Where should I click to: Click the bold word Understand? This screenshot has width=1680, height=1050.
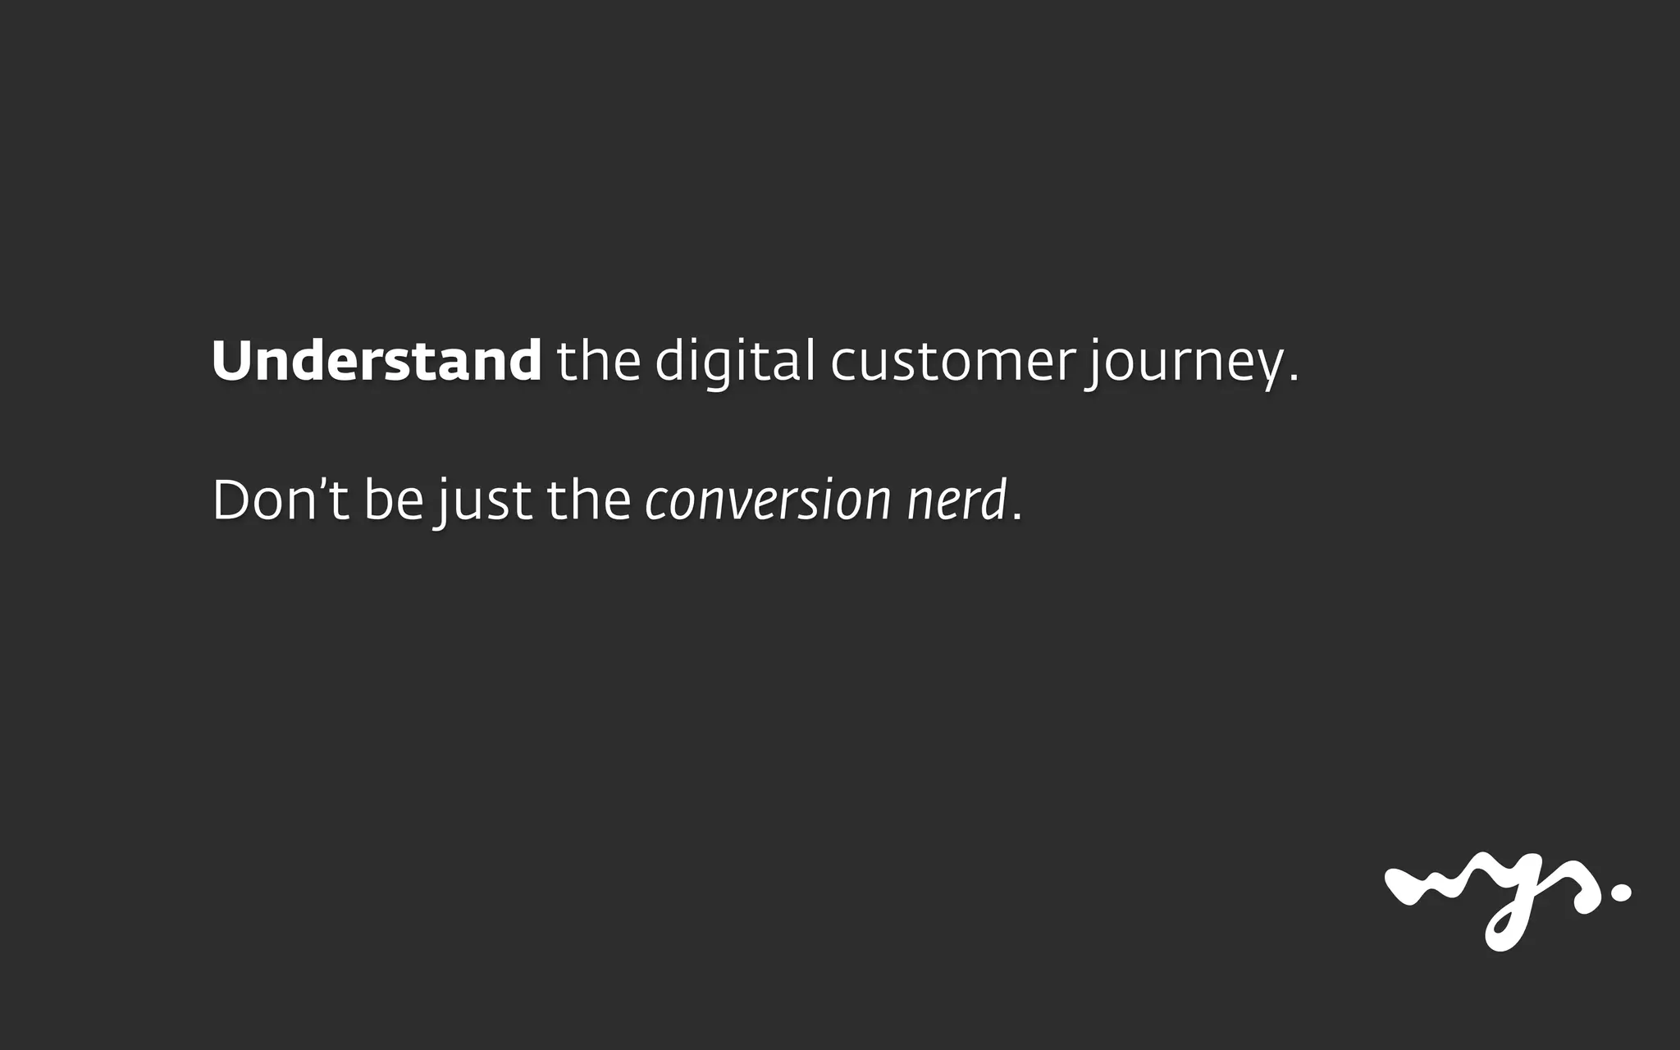(377, 361)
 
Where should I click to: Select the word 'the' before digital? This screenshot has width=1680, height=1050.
(598, 361)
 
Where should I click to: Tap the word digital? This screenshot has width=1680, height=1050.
(735, 361)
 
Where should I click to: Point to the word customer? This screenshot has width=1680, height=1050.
(952, 363)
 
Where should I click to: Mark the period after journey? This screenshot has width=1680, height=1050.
(1294, 379)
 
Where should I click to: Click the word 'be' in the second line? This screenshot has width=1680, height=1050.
(394, 500)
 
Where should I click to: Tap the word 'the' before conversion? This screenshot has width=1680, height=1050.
(588, 500)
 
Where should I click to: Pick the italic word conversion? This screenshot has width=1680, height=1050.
(768, 501)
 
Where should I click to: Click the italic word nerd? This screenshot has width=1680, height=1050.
(956, 500)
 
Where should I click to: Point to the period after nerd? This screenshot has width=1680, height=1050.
(1018, 517)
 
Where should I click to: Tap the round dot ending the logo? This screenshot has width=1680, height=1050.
(1621, 893)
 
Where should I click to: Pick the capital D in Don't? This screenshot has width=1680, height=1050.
(232, 500)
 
